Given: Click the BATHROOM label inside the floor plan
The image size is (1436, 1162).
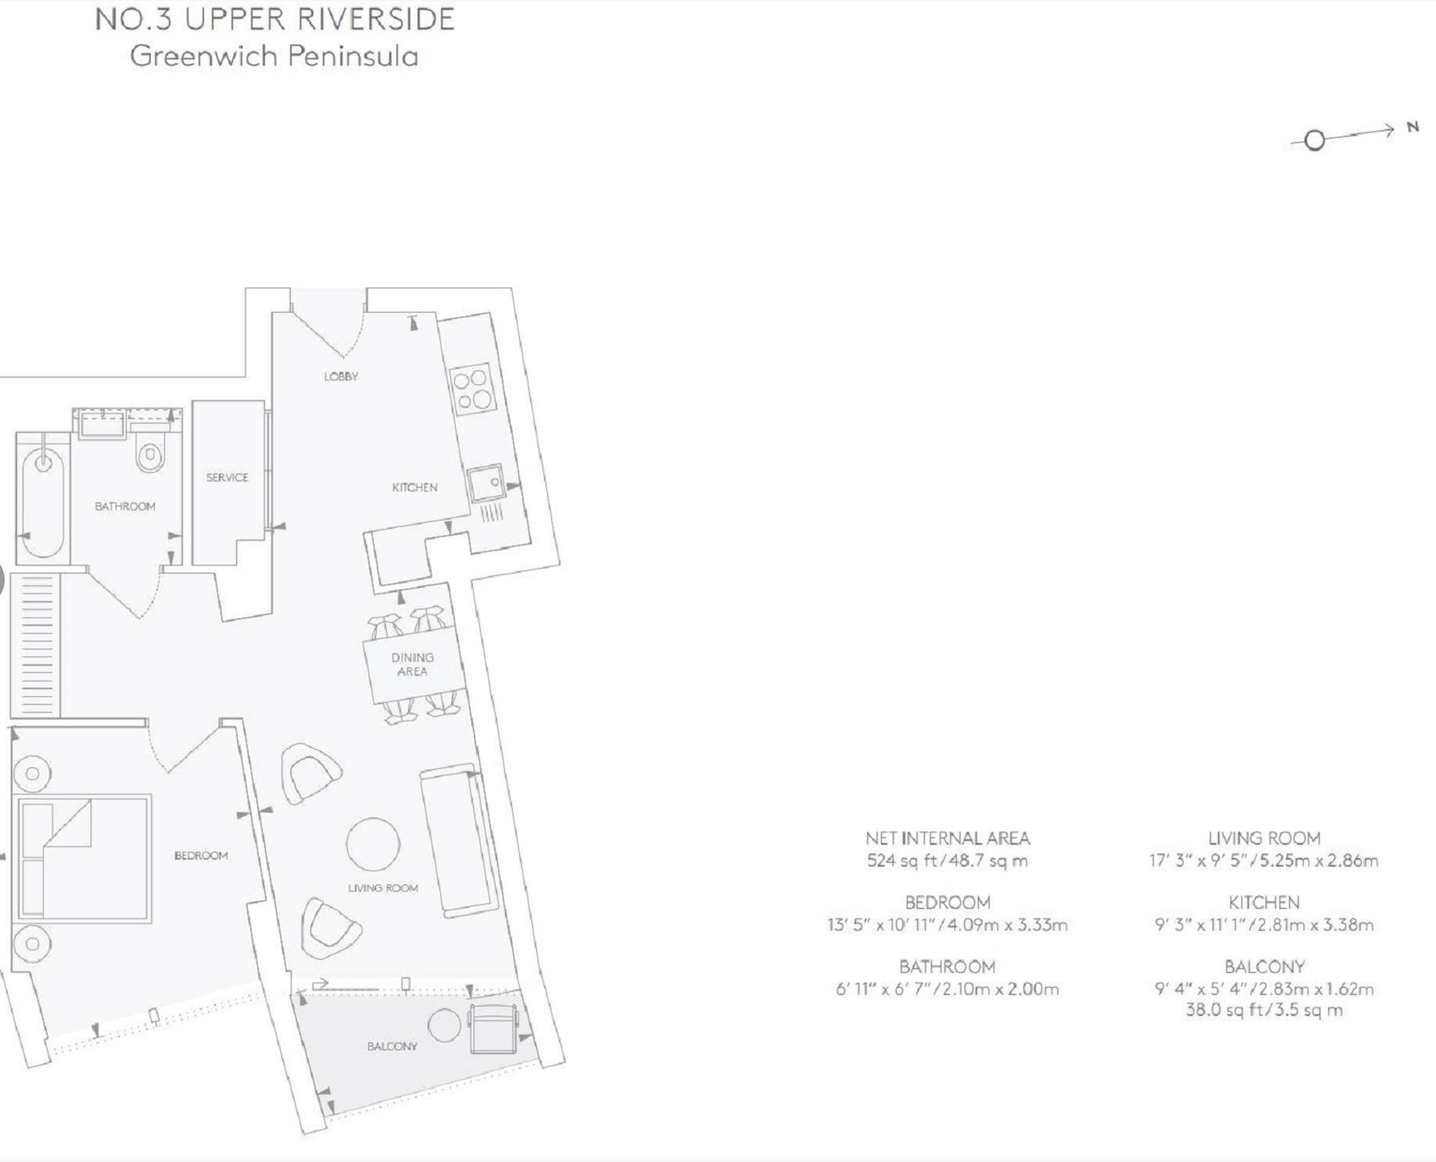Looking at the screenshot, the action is click(x=125, y=506).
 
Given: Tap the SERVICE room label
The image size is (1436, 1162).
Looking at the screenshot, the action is click(x=227, y=477).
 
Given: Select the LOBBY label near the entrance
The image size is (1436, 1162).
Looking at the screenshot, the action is click(x=341, y=377).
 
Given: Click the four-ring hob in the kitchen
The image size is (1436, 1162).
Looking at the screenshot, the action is click(x=473, y=389).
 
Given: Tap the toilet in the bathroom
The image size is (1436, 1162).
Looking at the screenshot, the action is click(x=150, y=456).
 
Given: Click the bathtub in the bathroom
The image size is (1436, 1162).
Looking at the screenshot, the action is click(x=42, y=495).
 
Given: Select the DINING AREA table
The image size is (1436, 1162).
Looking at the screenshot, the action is click(x=413, y=665).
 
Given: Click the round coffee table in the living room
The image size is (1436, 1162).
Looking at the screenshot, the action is click(x=374, y=844).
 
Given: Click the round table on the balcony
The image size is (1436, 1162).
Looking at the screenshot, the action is click(x=445, y=1024).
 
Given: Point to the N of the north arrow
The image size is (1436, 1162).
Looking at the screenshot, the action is click(x=1413, y=127).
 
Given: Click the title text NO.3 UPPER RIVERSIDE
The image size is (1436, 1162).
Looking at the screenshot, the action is click(x=274, y=20).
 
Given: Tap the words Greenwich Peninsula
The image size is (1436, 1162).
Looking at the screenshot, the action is click(x=274, y=56).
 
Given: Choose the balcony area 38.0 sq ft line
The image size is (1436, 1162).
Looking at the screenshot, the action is click(x=1264, y=1010).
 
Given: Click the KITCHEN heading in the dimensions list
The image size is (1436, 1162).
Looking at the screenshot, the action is click(x=1264, y=903).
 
